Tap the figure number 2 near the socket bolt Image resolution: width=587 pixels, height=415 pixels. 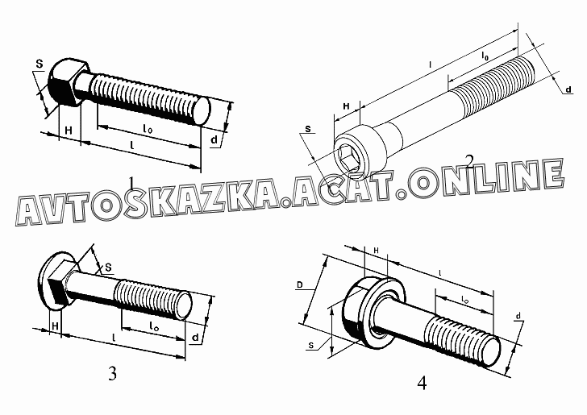pyautogui.click(x=470, y=161)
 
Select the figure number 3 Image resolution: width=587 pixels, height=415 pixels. pyautogui.click(x=112, y=373)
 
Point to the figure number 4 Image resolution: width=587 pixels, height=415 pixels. pyautogui.click(x=422, y=383)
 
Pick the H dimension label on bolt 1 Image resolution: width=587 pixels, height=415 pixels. pyautogui.click(x=69, y=131)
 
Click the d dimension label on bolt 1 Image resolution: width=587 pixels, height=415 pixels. pyautogui.click(x=213, y=140)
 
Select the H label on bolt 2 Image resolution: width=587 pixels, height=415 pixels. pyautogui.click(x=346, y=106)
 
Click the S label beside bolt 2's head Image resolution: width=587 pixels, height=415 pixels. pyautogui.click(x=307, y=128)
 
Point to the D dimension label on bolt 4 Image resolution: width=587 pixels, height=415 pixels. pyautogui.click(x=300, y=284)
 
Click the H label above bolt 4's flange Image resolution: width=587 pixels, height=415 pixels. pyautogui.click(x=376, y=251)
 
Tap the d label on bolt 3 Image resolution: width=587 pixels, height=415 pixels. pyautogui.click(x=196, y=336)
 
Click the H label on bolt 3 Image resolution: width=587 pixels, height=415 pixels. pyautogui.click(x=54, y=326)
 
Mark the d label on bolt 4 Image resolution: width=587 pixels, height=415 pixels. pyautogui.click(x=518, y=315)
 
